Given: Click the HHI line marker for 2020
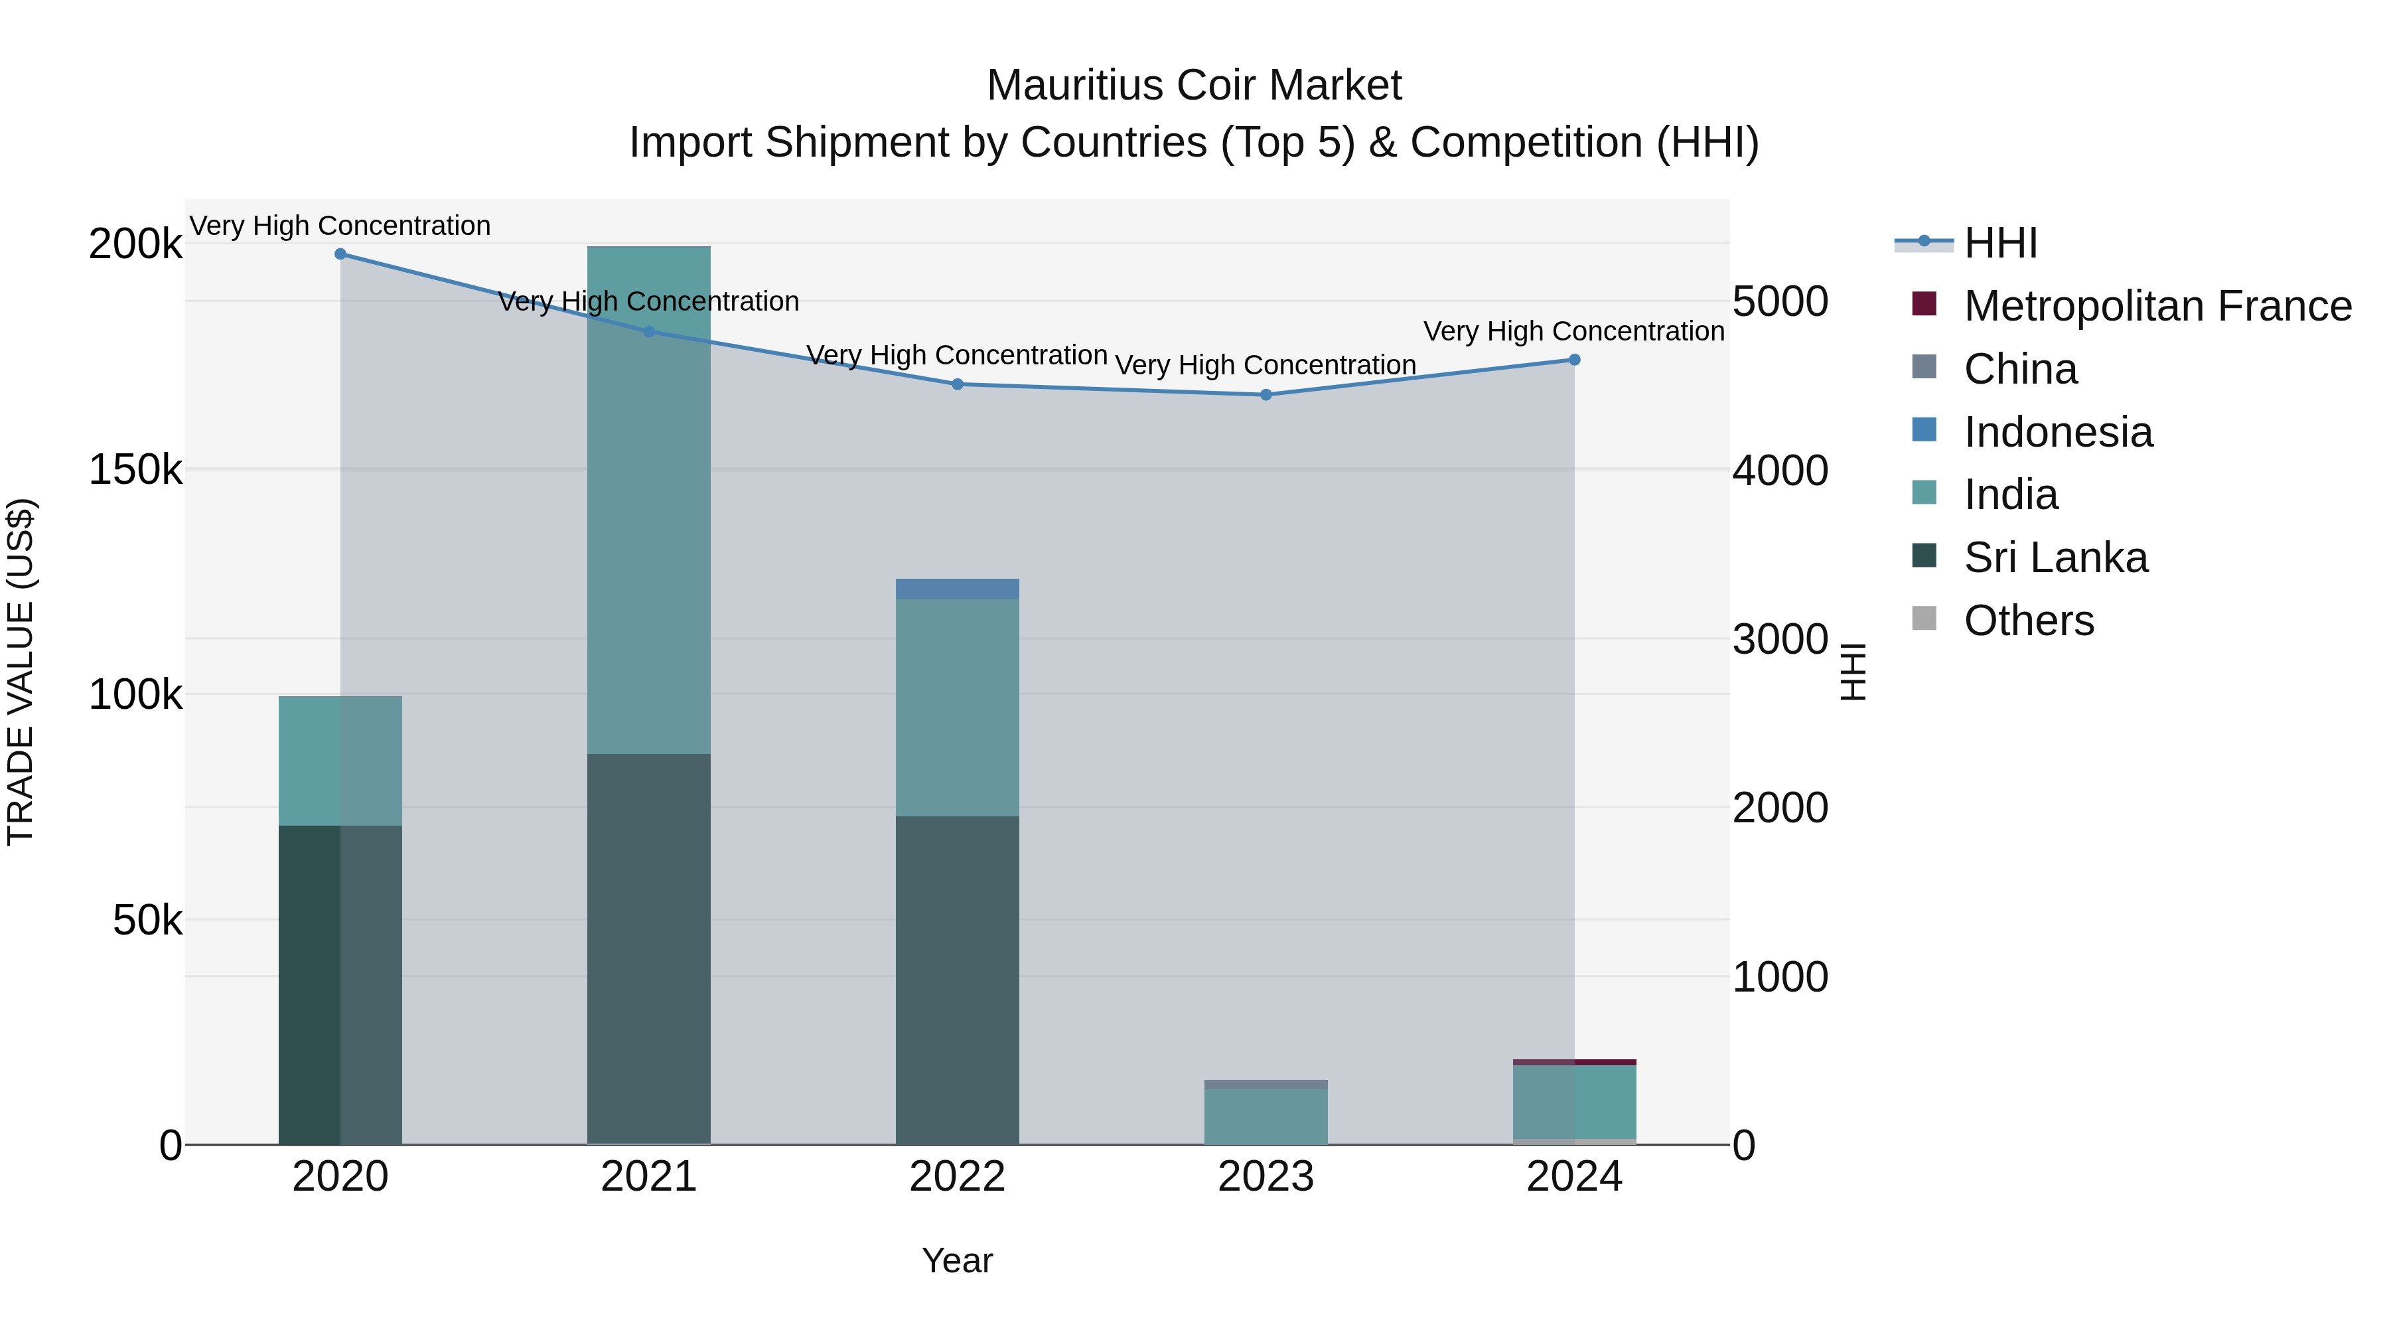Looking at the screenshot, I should [340, 254].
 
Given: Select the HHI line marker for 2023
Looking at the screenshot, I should [1266, 395].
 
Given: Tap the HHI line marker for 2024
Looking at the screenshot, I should [1574, 360].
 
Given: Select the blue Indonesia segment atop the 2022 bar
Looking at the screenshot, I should [957, 589].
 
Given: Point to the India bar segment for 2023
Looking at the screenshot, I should [1266, 1117].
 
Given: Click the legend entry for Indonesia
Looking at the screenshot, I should [2058, 432].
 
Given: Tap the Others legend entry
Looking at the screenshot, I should [2028, 621].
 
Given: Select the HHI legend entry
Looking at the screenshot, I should [2000, 243].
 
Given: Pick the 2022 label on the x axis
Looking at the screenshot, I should [957, 1177].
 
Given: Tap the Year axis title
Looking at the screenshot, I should [957, 1260].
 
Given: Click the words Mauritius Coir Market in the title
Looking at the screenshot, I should [1194, 86].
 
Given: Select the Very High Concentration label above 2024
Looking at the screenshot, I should [1574, 331].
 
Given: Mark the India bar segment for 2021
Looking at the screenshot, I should [648, 501].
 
